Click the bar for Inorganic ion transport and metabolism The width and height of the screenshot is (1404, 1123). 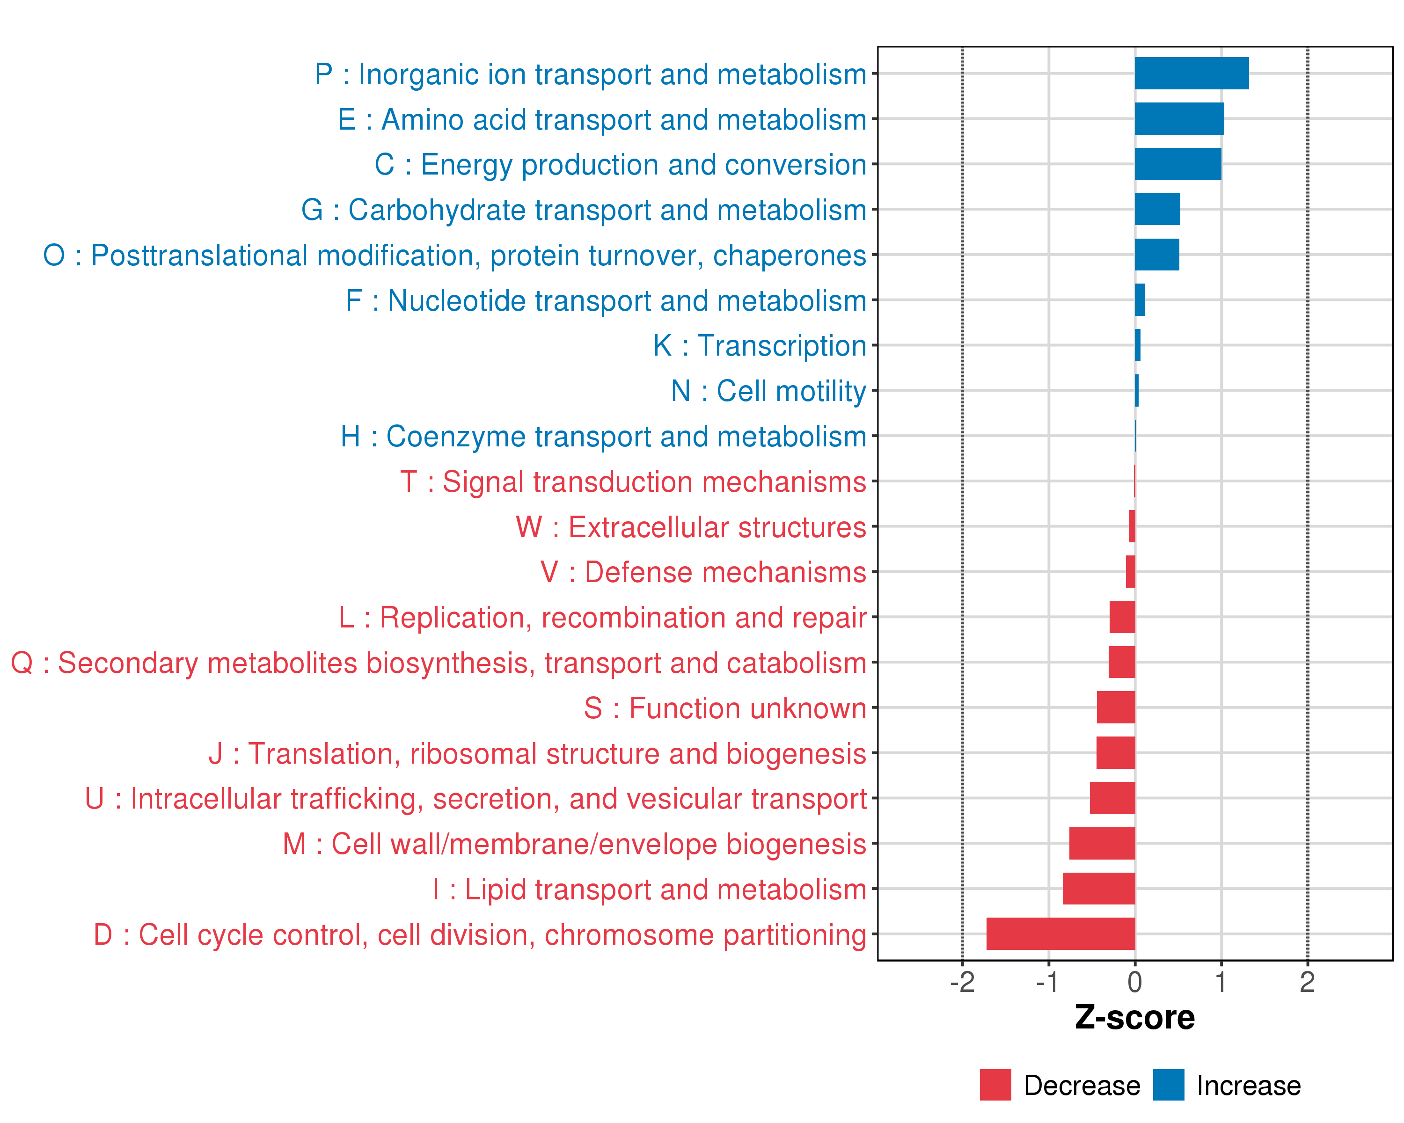click(x=1191, y=73)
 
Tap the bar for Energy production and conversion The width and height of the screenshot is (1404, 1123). click(x=1177, y=164)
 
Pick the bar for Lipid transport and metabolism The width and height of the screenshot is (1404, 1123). click(x=1098, y=889)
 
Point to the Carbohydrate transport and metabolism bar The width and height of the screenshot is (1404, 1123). click(x=1157, y=210)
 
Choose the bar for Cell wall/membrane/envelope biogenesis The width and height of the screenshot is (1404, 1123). click(x=1102, y=843)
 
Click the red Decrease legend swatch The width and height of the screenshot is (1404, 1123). click(x=995, y=1085)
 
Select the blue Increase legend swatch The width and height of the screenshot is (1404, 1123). click(x=1168, y=1085)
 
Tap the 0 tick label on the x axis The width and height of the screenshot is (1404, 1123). click(x=1134, y=982)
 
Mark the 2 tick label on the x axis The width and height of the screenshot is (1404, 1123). click(x=1307, y=982)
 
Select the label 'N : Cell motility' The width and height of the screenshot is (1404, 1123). click(x=768, y=391)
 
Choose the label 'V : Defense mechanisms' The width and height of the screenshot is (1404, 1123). click(x=703, y=572)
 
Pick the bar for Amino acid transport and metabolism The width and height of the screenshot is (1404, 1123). click(x=1179, y=118)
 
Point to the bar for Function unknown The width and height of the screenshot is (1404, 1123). click(x=1116, y=707)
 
